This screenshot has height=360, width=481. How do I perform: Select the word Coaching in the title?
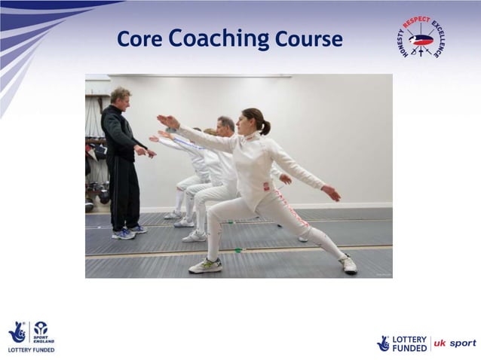click(219, 39)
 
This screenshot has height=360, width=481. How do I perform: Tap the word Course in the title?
click(308, 39)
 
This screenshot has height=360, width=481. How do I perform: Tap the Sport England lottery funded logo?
click(31, 337)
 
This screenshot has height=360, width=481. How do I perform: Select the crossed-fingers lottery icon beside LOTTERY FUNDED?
click(384, 343)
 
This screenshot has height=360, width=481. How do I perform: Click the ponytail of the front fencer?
click(265, 127)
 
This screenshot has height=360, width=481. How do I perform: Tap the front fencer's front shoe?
click(205, 266)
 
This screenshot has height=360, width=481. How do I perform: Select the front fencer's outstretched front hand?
click(167, 121)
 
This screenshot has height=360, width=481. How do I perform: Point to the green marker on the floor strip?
click(237, 249)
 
